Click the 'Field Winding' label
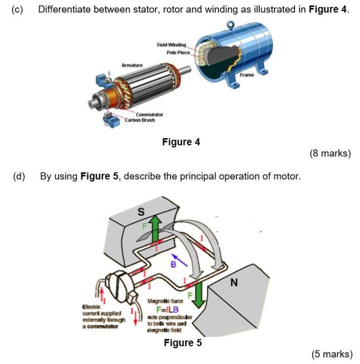171,45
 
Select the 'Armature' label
132,65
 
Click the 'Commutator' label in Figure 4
149,114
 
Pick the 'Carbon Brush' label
140,120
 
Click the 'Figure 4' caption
181,142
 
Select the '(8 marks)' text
330,153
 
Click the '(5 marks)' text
332,354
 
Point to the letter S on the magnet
142,212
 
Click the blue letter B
172,265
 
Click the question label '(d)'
19,176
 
